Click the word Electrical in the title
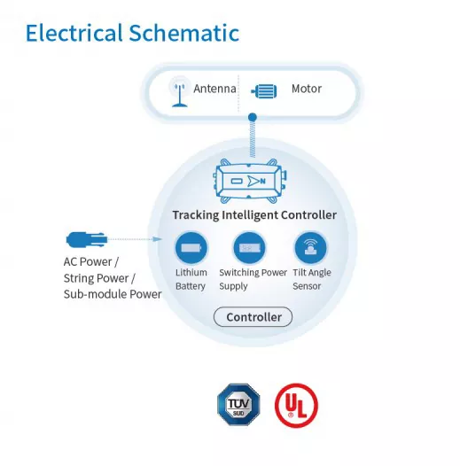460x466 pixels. [x=74, y=33]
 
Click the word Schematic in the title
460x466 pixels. [x=184, y=33]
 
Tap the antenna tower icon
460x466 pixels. [x=179, y=93]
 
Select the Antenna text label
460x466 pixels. [x=214, y=89]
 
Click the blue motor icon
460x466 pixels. [x=264, y=91]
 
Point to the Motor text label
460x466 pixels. [x=307, y=89]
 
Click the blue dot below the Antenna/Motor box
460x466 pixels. [x=253, y=117]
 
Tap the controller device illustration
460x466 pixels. [x=250, y=181]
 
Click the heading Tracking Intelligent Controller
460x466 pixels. [x=254, y=215]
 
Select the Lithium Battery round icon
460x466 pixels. [x=191, y=247]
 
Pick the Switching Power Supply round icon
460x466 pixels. [x=249, y=247]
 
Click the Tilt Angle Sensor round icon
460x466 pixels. [x=310, y=247]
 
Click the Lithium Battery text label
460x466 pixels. [x=191, y=279]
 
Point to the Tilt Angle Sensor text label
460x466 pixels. [x=312, y=279]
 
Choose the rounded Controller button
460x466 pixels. [x=253, y=317]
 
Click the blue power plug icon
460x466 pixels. [x=87, y=239]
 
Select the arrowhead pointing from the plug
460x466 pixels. [x=157, y=239]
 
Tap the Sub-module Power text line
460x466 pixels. [x=113, y=294]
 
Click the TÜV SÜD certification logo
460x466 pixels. [x=238, y=405]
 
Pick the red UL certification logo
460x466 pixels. [x=296, y=406]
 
